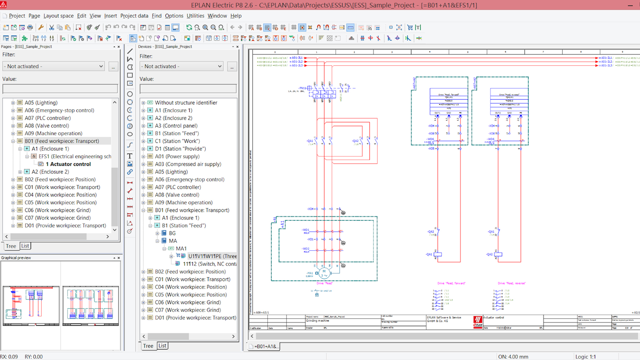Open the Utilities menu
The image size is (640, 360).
tap(195, 16)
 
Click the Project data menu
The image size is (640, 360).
tap(134, 16)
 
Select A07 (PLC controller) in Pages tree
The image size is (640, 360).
tap(48, 118)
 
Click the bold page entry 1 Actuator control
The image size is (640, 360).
tap(68, 164)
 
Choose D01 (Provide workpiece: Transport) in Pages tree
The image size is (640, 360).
tap(65, 225)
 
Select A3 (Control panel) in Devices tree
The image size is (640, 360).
tap(176, 126)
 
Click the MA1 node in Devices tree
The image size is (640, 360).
tap(181, 249)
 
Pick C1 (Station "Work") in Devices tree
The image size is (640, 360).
tap(177, 141)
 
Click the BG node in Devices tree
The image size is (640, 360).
tap(172, 233)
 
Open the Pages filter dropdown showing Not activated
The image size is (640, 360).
tap(54, 66)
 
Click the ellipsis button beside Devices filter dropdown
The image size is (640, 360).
tap(232, 67)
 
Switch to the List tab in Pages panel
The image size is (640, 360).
tap(25, 246)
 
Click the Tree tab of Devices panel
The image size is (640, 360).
tap(148, 346)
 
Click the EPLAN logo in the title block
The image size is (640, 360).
tap(477, 322)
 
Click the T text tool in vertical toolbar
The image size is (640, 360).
tap(130, 156)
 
